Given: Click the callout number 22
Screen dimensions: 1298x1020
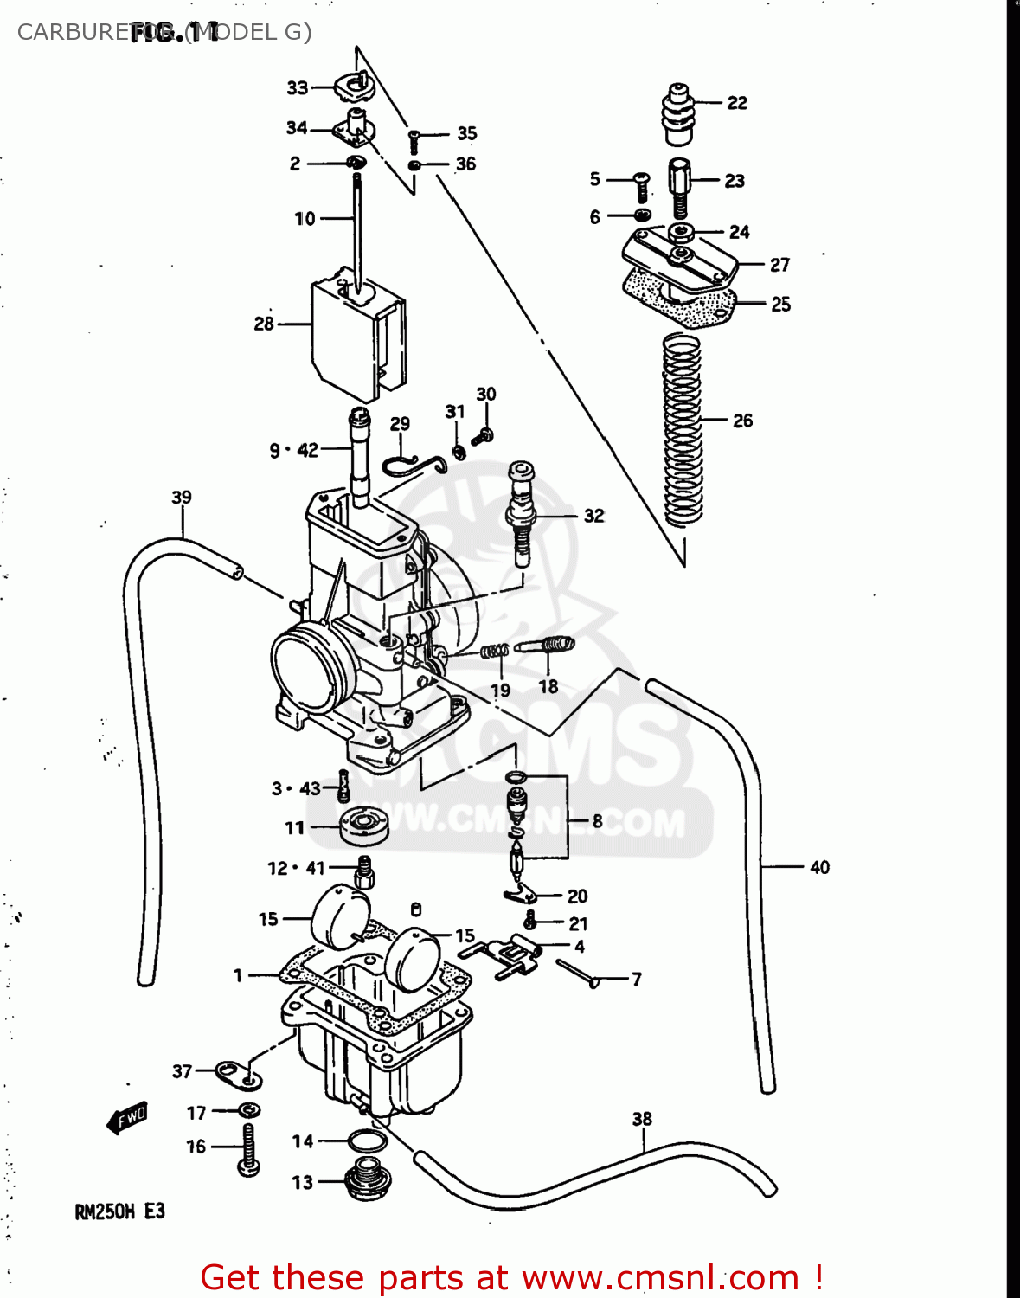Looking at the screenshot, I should tap(737, 103).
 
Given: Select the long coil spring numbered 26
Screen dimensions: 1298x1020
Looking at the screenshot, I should tap(682, 428).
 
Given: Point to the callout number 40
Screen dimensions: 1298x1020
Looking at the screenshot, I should tap(819, 867).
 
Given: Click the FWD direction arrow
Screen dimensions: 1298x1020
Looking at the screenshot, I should tap(128, 1118).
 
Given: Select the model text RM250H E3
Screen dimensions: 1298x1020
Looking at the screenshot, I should tap(119, 1211).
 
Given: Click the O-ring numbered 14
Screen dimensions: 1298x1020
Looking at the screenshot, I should tap(367, 1141).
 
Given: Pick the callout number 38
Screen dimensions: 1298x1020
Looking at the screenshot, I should tap(642, 1119).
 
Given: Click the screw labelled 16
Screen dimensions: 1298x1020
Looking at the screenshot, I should tap(249, 1149).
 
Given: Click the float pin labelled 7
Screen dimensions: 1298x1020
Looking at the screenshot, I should tap(576, 973).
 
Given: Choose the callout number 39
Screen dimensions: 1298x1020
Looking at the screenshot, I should tap(182, 497).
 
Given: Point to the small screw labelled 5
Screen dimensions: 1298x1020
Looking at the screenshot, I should tap(642, 185).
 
